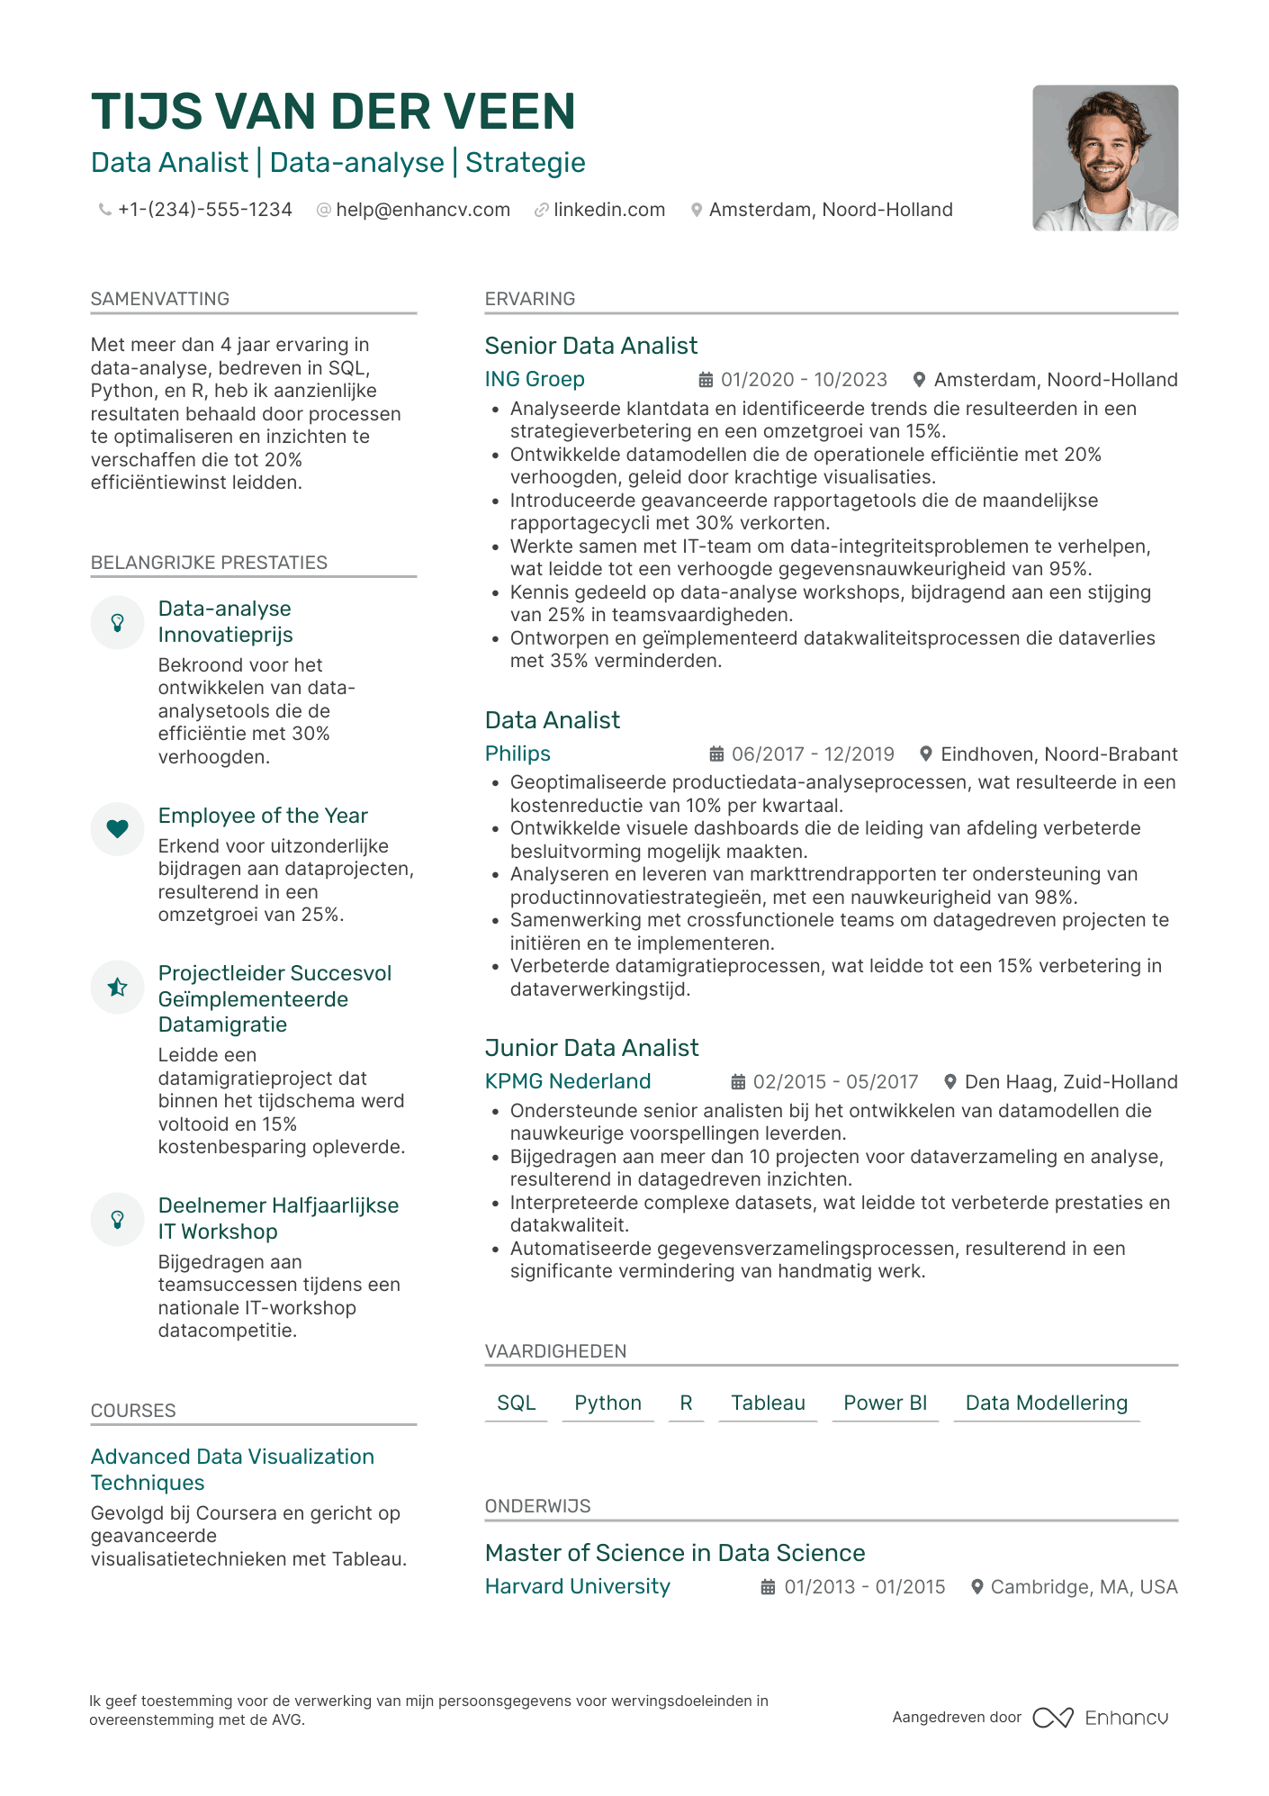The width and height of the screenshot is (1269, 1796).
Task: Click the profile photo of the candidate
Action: pos(1104,158)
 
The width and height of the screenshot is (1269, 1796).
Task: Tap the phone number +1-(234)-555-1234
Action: pos(204,210)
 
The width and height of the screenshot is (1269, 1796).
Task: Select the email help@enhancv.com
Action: pos(422,210)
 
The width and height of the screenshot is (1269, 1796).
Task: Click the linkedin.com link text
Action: pos(608,210)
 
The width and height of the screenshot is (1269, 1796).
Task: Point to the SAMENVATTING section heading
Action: pos(160,299)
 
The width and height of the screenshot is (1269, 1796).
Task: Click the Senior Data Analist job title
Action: pos(590,346)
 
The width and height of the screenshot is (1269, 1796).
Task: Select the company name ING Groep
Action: pos(535,379)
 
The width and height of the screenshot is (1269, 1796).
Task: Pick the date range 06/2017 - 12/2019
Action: pos(812,754)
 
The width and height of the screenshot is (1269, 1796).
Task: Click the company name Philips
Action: pos(517,754)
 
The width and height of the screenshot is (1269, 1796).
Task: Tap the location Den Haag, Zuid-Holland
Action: pos(1070,1082)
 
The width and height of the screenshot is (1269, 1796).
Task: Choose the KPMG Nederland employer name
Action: pos(567,1081)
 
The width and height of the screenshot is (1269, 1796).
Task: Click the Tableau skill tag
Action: pos(768,1403)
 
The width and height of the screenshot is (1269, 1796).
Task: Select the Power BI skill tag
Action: pos(885,1403)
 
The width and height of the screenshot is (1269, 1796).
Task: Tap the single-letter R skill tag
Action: pos(686,1403)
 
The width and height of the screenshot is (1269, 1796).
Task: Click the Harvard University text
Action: pos(577,1586)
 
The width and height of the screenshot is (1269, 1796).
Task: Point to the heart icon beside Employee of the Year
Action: pos(117,828)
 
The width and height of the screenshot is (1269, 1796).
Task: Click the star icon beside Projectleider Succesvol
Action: pos(117,987)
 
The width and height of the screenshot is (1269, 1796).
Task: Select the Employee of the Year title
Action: pos(263,816)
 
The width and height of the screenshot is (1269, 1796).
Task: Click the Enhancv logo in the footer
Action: pos(1100,1718)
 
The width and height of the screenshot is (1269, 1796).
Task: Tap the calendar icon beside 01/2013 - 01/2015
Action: pos(768,1587)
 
